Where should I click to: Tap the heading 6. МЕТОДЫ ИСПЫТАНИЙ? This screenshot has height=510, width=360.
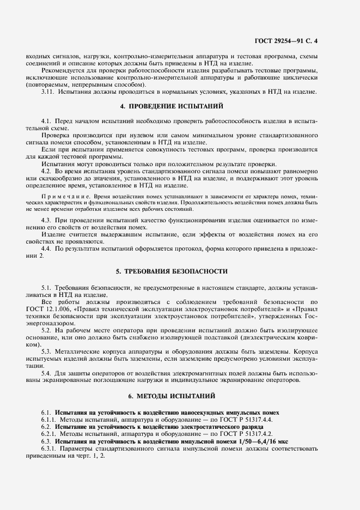click(x=179, y=395)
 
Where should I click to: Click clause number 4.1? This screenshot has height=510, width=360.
click(x=46, y=119)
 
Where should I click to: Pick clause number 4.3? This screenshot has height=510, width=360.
click(x=46, y=220)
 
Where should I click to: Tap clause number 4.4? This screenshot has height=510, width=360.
click(x=46, y=248)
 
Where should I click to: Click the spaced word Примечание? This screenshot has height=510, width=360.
click(x=58, y=196)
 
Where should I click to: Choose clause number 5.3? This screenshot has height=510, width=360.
click(x=46, y=352)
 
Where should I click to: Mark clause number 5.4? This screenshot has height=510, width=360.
click(x=46, y=373)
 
